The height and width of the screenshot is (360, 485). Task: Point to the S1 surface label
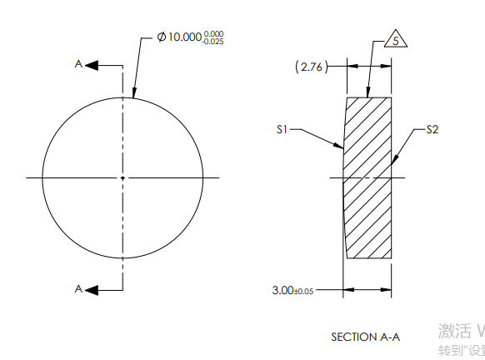(x=282, y=130)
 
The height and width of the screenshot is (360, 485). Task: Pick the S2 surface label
(x=432, y=129)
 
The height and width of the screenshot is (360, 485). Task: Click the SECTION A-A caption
(x=365, y=337)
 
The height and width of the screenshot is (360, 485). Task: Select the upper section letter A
(x=78, y=64)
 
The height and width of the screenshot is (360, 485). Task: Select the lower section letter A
(x=78, y=288)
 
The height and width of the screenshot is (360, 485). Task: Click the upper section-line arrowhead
(x=92, y=64)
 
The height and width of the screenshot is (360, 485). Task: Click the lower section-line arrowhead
(x=92, y=289)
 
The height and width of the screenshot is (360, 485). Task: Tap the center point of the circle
(x=122, y=177)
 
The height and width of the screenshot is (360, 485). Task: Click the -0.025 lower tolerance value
(x=213, y=42)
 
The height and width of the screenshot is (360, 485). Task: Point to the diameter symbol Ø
(x=162, y=38)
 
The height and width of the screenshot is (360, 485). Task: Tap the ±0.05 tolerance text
(x=303, y=291)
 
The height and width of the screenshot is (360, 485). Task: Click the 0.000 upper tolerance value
(x=213, y=34)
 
